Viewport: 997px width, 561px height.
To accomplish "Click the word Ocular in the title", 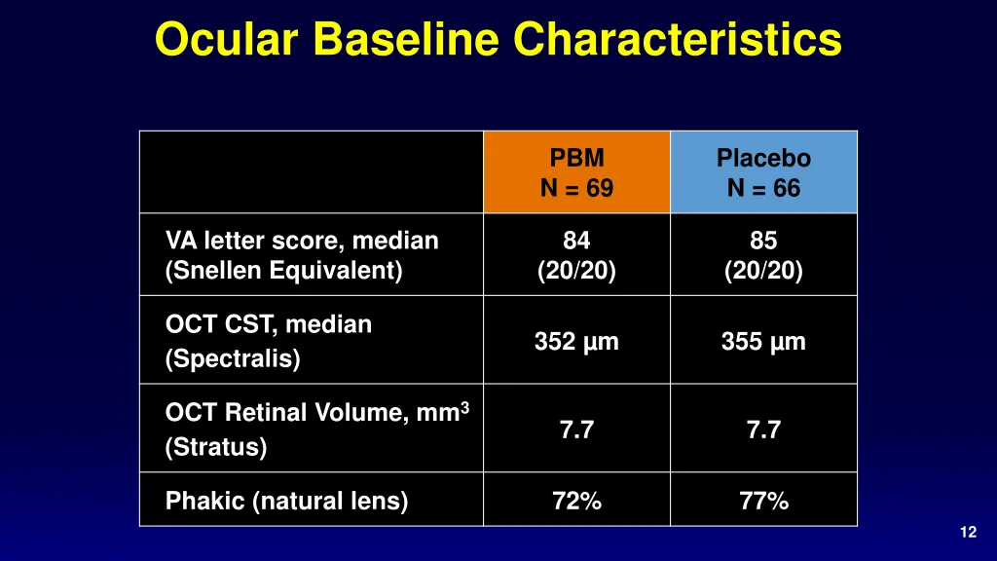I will click(228, 40).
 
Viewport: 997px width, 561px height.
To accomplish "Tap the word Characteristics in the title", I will click(678, 40).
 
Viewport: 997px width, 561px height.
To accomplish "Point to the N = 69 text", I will click(576, 189).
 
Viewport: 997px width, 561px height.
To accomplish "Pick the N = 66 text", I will click(763, 189).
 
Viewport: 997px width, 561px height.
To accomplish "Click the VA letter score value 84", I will click(576, 241).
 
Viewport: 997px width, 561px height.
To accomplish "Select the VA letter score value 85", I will click(763, 241).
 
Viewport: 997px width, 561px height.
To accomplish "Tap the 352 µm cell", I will click(576, 342).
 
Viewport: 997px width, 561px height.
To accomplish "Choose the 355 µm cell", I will click(763, 342).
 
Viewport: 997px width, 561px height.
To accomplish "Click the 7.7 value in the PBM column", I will click(576, 430).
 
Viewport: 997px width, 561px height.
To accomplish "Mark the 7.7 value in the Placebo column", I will click(763, 430).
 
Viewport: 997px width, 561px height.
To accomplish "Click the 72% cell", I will click(576, 502).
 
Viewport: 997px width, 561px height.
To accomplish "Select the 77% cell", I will click(763, 502).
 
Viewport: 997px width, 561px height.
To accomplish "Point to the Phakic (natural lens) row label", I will click(286, 502).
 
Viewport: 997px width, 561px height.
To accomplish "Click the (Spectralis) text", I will click(233, 359).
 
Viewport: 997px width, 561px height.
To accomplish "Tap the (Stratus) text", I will click(216, 447).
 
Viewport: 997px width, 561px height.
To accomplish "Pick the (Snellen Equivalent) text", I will click(283, 272).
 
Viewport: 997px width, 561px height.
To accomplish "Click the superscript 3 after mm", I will click(464, 406).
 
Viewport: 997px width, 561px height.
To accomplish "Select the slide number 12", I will click(967, 532).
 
